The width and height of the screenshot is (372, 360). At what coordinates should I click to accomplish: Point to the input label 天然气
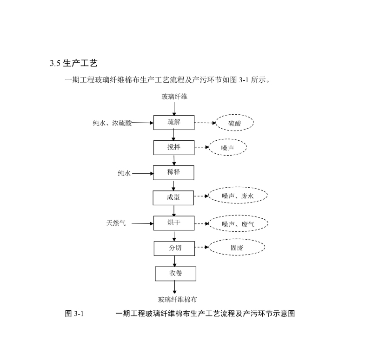pos(116,223)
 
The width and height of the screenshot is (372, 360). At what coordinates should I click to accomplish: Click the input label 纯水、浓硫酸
pos(112,123)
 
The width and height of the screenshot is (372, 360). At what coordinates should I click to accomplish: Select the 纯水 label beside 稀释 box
pos(124,173)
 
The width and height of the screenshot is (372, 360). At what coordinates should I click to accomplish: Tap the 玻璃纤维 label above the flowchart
pos(175,97)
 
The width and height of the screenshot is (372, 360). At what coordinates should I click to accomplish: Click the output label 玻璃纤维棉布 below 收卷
pos(178,299)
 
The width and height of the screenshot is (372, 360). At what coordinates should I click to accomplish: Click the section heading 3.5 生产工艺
pos(73,63)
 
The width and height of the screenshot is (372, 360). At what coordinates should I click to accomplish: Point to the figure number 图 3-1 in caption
pos(74,314)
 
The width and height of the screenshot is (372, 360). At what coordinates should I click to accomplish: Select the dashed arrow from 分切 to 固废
pos(202,247)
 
